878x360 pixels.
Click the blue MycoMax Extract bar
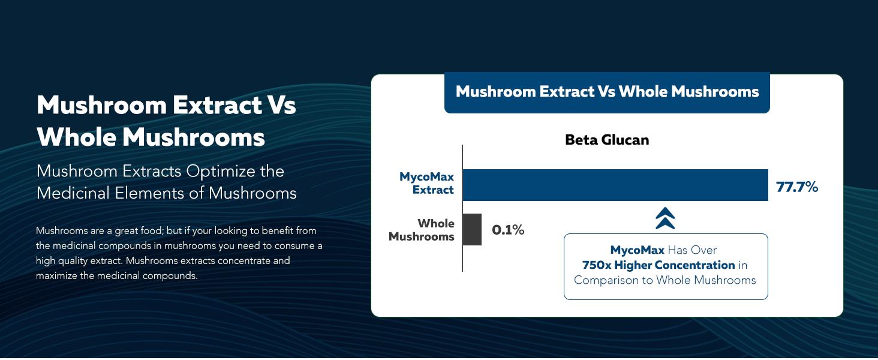pos(615,185)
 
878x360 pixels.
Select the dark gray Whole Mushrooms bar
pos(472,229)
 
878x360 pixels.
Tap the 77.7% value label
pos(797,187)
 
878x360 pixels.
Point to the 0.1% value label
pos(508,230)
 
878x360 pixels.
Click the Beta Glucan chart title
pos(607,140)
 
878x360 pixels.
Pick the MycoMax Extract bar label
pos(427,184)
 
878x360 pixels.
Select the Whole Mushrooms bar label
pos(422,230)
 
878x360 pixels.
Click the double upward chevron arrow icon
pos(665,218)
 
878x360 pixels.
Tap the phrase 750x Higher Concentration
pos(659,265)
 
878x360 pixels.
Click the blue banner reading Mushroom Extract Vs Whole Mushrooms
pos(607,92)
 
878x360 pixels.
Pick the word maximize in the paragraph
pos(56,276)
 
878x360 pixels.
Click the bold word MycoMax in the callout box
pos(637,250)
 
